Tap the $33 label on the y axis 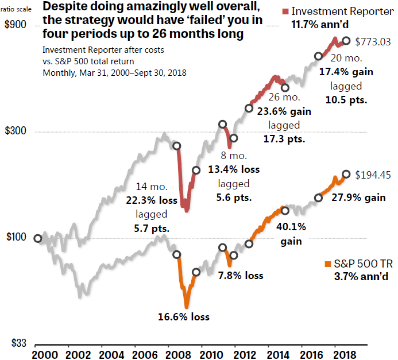pos(14,343)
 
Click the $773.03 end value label pos(373,42)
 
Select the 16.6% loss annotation pos(184,317)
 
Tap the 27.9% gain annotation pos(358,198)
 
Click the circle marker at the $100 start pos(38,238)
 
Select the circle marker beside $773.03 pos(346,41)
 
